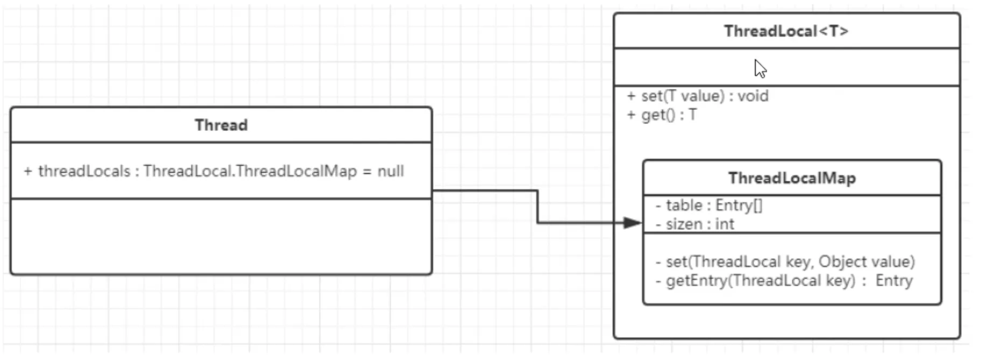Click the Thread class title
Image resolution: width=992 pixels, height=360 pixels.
click(x=221, y=125)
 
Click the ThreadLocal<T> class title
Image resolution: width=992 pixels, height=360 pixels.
click(x=786, y=31)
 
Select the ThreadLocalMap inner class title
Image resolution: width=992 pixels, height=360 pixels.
click(x=792, y=178)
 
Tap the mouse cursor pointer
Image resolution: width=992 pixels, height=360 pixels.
click(x=760, y=69)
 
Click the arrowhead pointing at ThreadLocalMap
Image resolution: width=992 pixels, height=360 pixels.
click(x=633, y=223)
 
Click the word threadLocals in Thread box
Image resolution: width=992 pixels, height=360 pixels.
click(x=84, y=171)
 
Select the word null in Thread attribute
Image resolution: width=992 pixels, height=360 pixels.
click(x=391, y=171)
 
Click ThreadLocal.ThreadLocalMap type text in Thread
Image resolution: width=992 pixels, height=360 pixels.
click(x=250, y=171)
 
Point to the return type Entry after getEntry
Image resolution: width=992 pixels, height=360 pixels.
click(x=894, y=281)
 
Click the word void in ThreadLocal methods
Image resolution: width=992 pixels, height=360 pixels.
click(x=753, y=96)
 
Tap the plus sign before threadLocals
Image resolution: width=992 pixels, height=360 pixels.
click(x=28, y=171)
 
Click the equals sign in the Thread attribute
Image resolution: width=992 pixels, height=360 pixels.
click(x=367, y=172)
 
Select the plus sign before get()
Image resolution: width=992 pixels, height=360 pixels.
click(x=631, y=115)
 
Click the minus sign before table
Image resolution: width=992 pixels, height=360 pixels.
click(x=658, y=206)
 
